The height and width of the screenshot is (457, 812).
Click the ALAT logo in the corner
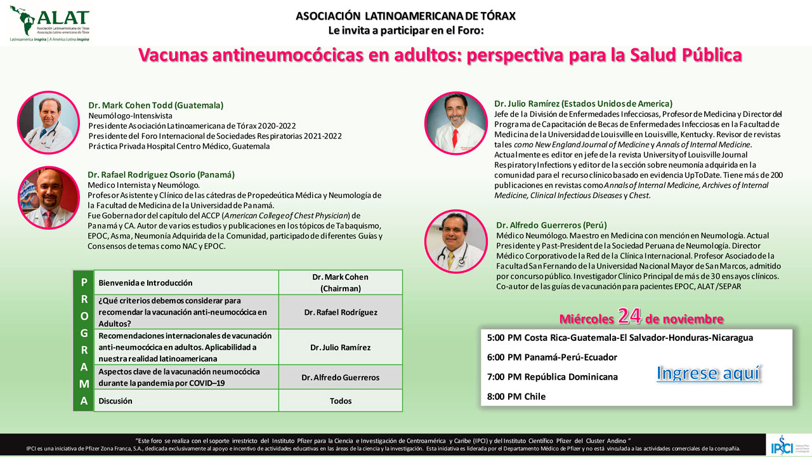(49, 23)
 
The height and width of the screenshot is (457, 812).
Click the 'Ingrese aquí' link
(708, 373)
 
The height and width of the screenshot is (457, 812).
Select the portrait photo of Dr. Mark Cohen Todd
(49, 123)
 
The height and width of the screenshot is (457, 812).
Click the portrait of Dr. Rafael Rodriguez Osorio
(49, 199)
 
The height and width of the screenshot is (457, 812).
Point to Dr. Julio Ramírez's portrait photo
(455, 123)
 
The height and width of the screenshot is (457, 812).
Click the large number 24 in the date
(632, 316)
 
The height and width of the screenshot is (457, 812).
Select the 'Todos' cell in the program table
(341, 401)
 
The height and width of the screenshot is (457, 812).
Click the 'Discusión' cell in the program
(185, 401)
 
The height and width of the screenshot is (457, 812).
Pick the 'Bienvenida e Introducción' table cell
(185, 282)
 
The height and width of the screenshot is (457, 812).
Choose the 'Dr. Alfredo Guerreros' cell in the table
(341, 377)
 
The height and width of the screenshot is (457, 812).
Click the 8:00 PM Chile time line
(516, 397)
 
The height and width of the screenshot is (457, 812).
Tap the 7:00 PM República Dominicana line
(552, 377)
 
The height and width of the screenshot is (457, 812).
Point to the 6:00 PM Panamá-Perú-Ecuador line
(552, 357)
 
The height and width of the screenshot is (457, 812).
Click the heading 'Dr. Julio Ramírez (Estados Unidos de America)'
(583, 103)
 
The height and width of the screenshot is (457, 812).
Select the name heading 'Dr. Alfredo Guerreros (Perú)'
(552, 225)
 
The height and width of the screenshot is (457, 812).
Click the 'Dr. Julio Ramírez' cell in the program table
(341, 347)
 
